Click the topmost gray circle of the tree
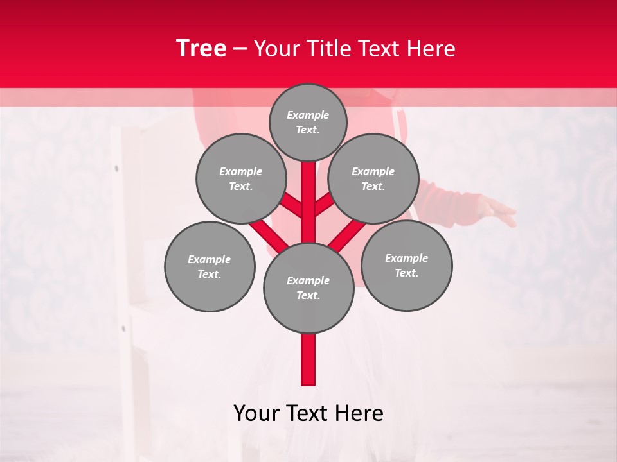coord(308,122)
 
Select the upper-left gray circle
coord(240,178)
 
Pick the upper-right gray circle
coord(373,178)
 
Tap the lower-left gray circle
coord(210,266)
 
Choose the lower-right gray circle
coord(407,265)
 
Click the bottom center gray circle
coord(308,287)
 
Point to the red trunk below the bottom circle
coord(308,359)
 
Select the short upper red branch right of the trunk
coord(324,204)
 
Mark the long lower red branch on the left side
coord(269,236)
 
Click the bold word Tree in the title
coord(201,48)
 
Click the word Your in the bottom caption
coord(257,413)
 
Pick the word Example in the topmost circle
coord(308,115)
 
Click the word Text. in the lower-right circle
coord(406,273)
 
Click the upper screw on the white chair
coord(116,169)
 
